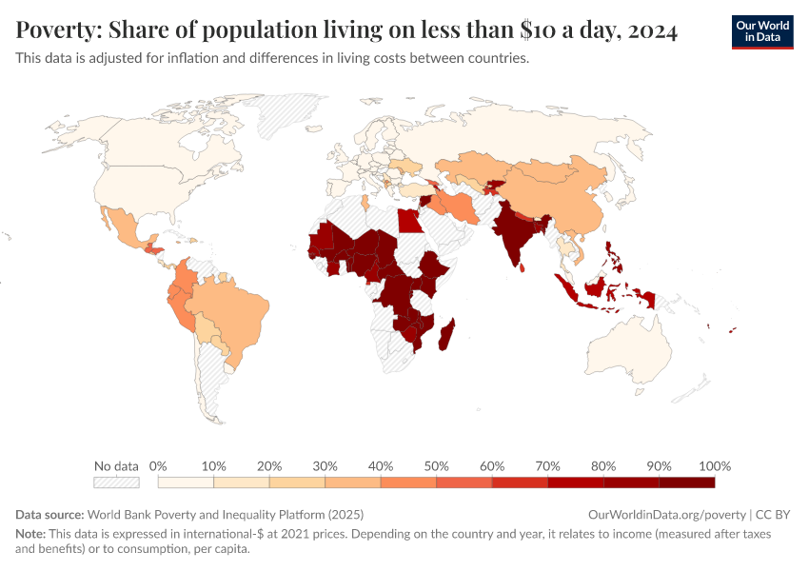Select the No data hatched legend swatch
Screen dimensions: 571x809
click(116, 482)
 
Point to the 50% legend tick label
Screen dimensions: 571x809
click(437, 466)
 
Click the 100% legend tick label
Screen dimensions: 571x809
click(714, 466)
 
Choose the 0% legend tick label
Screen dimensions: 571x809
click(158, 466)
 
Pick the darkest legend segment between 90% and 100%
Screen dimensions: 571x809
click(687, 482)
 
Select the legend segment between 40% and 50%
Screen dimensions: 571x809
click(408, 482)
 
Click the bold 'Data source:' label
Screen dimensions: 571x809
click(49, 514)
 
